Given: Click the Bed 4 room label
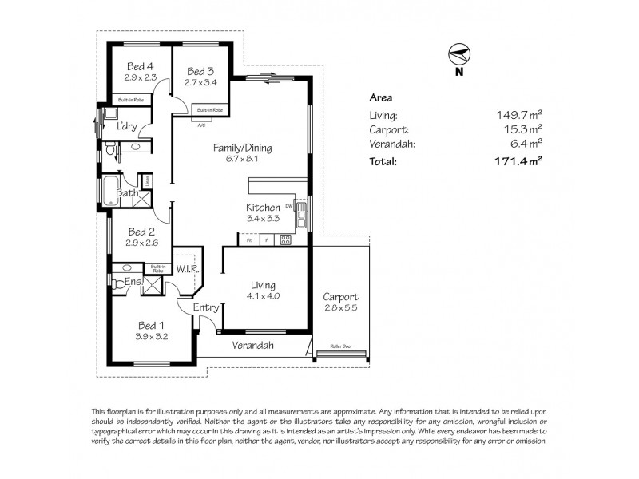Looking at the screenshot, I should [139, 66].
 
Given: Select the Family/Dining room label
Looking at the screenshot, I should [242, 148].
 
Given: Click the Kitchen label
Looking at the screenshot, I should [262, 207].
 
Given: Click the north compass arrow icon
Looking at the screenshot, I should [458, 53].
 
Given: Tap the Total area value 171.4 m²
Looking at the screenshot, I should [519, 160].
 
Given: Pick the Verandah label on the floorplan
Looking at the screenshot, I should [253, 346].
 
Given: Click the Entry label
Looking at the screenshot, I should [205, 307].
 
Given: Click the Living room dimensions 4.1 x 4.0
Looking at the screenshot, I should [263, 295].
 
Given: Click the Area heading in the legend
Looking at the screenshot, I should [380, 97].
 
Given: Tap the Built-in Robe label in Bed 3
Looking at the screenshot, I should [209, 109].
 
